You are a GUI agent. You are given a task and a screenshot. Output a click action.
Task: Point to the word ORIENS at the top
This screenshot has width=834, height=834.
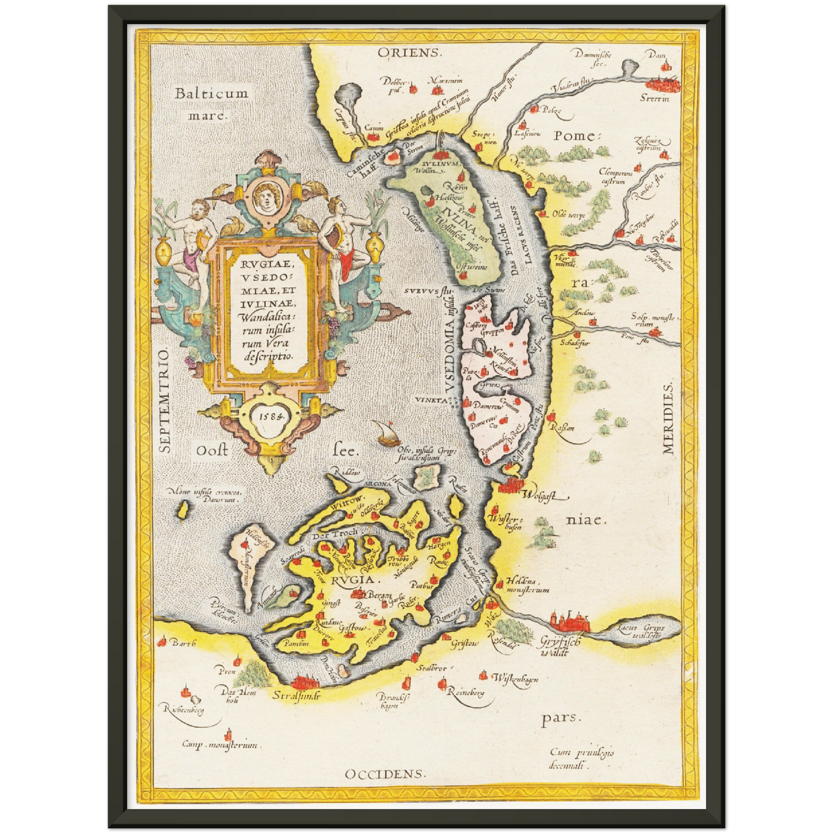tap(409, 53)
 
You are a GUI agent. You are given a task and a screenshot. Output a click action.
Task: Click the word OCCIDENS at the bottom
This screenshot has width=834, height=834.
tap(385, 774)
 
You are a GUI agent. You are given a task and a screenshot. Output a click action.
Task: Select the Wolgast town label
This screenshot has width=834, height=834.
tap(540, 495)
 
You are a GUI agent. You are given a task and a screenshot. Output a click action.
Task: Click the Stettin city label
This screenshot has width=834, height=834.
tap(655, 98)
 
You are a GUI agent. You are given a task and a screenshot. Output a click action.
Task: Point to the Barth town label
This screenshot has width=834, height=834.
tap(184, 643)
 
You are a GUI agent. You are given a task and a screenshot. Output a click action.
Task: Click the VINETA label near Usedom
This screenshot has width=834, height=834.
tap(431, 399)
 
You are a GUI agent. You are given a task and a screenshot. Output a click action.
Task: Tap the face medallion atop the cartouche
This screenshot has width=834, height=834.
tap(266, 197)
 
